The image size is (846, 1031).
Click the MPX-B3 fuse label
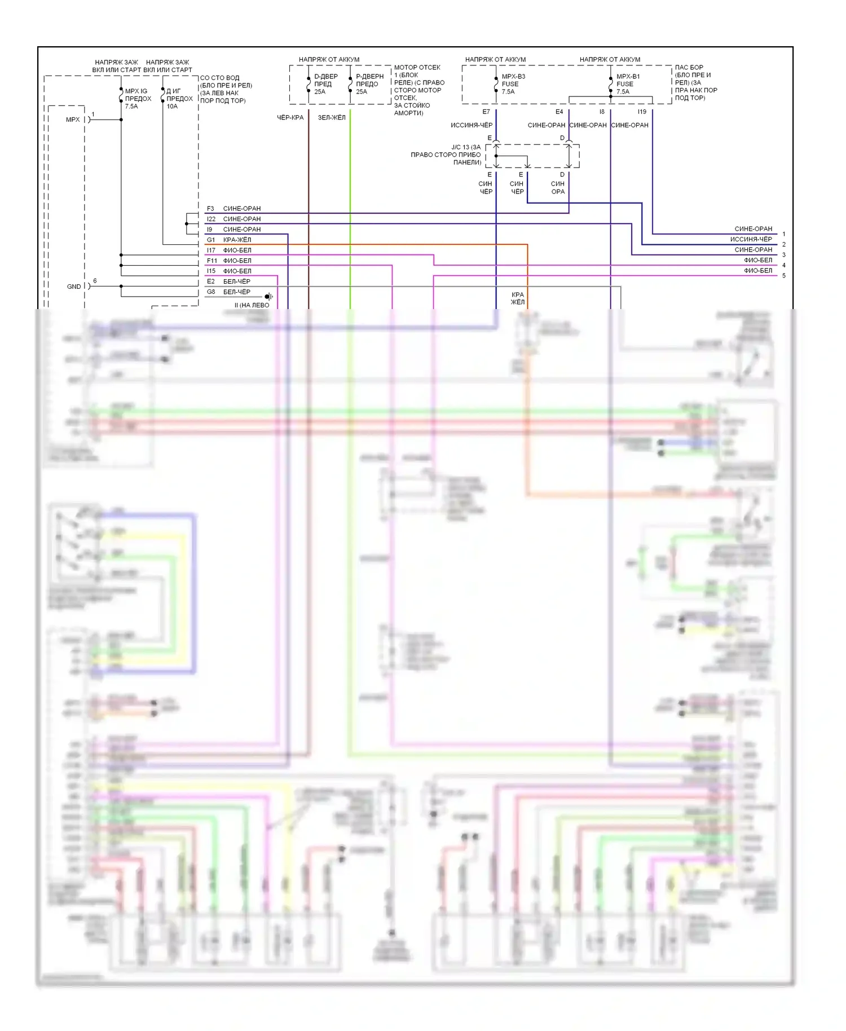pos(513,83)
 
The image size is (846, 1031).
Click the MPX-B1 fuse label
pos(628,83)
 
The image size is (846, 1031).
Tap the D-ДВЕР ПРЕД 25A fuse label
pos(325,83)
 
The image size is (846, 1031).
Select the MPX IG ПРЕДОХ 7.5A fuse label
pos(138,98)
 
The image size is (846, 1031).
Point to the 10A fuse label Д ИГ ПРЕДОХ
pos(179,98)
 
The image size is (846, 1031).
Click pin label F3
pos(210,209)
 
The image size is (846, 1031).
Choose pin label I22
pos(211,219)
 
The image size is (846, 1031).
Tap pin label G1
pos(210,240)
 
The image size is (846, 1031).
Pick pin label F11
pos(211,261)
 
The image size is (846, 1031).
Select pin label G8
pos(211,292)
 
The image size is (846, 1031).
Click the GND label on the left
pos(74,287)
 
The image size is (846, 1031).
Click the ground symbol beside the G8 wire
pos(269,297)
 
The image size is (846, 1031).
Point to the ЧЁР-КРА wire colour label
pos(290,117)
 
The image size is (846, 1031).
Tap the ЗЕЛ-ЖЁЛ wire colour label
pos(332,117)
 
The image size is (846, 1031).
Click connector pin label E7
pos(486,112)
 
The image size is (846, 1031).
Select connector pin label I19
pos(642,112)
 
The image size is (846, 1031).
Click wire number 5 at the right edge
pos(783,276)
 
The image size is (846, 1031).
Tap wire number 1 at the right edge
pos(783,234)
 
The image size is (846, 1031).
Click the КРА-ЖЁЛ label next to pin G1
pos(237,240)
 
